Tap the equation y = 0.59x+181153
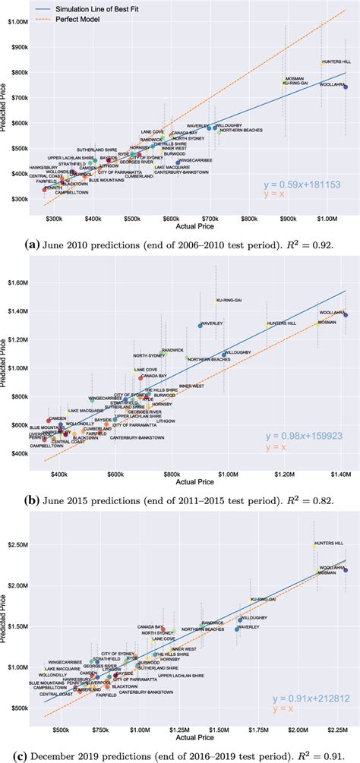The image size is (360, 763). pos(301,184)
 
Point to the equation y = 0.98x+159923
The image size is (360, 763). pos(301,437)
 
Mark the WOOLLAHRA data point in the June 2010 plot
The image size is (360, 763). pos(346,87)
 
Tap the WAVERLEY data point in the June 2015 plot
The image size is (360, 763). pos(201,326)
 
